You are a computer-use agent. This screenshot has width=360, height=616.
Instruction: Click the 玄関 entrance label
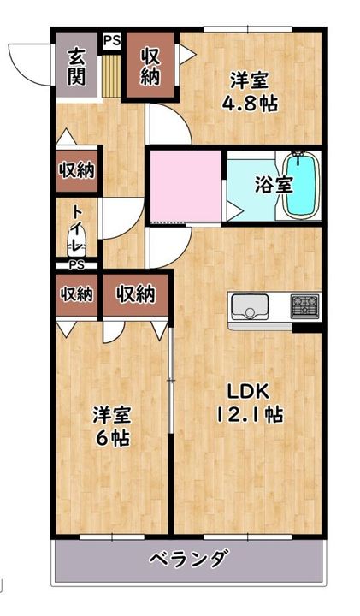coord(76,67)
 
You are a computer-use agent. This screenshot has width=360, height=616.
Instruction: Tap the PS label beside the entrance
coord(112,40)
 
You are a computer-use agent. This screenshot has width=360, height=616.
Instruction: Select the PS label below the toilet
coord(77,265)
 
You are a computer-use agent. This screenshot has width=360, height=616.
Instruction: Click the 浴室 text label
coord(274,185)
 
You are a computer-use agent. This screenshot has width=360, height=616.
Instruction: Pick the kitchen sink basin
coord(250,306)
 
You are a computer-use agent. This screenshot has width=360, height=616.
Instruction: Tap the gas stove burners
coord(305,305)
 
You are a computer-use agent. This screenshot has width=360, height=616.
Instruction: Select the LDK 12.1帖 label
coord(250,403)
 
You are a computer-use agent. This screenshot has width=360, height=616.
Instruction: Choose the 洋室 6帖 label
coord(112,427)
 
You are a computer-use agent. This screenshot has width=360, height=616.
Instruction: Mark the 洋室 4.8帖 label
coord(250,92)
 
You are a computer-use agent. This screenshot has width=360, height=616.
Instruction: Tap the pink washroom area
coord(186,187)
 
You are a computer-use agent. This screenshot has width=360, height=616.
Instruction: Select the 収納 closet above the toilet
coord(77,170)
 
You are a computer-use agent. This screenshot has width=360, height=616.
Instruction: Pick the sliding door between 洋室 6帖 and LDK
coord(170,380)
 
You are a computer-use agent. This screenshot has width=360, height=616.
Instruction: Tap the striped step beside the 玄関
coord(111,76)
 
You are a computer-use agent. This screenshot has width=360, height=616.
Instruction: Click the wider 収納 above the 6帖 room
coord(136,294)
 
